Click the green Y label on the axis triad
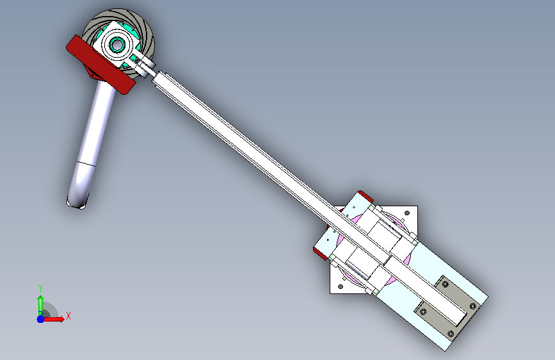(x=40, y=288)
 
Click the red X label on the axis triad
(x=68, y=316)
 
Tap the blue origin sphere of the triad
(x=41, y=319)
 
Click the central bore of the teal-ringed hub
(x=117, y=45)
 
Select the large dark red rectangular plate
(x=101, y=64)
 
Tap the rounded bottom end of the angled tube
(x=77, y=202)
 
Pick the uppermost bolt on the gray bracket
(x=446, y=284)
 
